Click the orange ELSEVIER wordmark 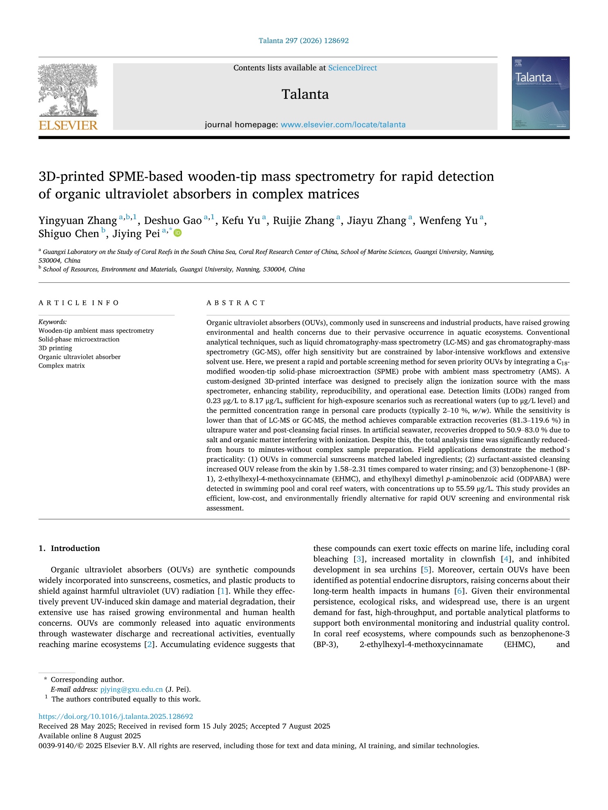pos(68,125)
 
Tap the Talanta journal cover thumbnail pos(541,93)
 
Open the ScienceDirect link pos(352,68)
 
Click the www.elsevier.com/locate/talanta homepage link pos(343,125)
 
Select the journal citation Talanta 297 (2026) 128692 pos(303,40)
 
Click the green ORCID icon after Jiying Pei pos(177,233)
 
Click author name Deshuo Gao pos(173,221)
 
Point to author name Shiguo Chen pos(69,234)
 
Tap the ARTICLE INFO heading pos(79,303)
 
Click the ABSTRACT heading pos(236,303)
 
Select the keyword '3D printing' pos(55,348)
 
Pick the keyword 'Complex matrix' pos(62,366)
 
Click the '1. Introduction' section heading pos(69,548)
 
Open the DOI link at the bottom pos(116,716)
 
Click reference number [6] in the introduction pos(460,591)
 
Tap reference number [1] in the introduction pos(222,591)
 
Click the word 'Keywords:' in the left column pos(53,322)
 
